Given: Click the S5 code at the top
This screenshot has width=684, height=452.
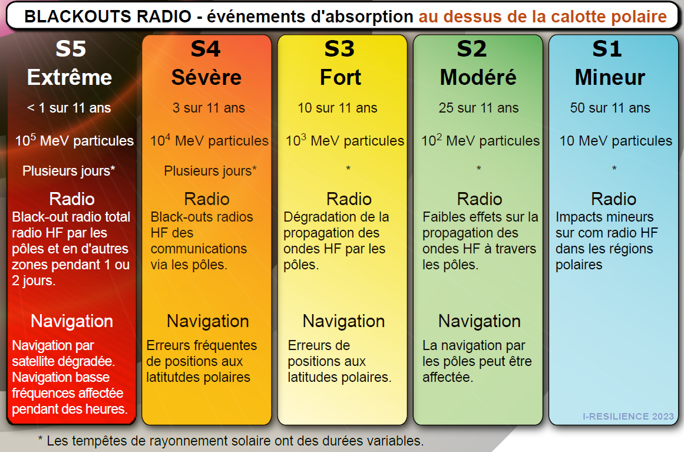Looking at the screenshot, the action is [x=71, y=48].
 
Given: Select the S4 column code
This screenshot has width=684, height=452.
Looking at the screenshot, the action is [x=206, y=48].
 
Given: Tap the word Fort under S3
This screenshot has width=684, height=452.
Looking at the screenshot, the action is [x=341, y=78].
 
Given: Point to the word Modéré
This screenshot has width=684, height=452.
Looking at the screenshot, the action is [x=478, y=78].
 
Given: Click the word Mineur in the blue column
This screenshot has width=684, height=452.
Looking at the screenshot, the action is [x=610, y=78].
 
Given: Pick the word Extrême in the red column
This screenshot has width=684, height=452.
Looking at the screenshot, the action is [x=70, y=77].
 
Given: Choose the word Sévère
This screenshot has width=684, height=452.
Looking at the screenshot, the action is [x=206, y=77].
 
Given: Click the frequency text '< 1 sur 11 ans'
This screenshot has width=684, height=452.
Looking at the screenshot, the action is [x=69, y=108].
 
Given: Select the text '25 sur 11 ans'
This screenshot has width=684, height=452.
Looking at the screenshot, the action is [x=478, y=108].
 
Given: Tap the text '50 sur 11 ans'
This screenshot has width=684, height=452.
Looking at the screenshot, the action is [x=610, y=108].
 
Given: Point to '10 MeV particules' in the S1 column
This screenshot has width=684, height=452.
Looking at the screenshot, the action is [x=616, y=141].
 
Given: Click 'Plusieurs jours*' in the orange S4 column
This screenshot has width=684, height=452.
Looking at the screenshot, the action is [x=210, y=170].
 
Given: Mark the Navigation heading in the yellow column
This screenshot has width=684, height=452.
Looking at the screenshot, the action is [x=343, y=321].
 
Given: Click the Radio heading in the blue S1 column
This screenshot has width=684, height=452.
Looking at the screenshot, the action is [x=613, y=199].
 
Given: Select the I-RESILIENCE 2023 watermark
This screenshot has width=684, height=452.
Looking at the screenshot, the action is [x=628, y=416].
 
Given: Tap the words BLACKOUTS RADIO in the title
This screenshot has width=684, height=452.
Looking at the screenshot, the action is [x=108, y=17].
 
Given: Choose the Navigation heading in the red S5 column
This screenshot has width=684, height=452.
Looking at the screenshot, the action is [x=72, y=321].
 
